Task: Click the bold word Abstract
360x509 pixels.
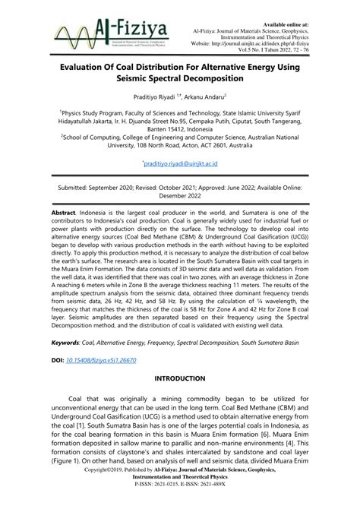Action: [65, 216]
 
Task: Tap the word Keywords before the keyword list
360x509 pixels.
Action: [68, 343]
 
